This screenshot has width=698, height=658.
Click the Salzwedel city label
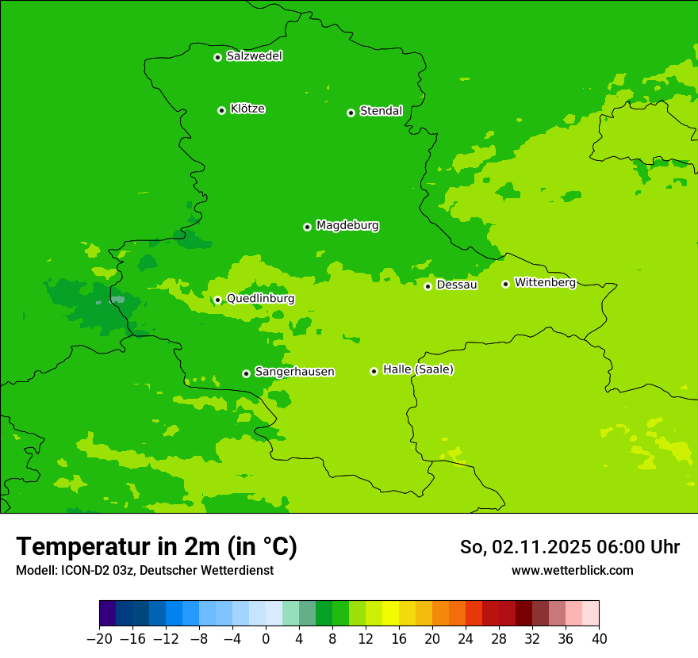254,56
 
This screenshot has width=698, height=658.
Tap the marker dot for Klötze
221,110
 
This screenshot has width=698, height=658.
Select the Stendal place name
381,111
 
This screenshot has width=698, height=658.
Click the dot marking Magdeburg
307,227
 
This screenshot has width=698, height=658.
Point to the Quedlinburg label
260,299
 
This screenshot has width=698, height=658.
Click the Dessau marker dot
428,286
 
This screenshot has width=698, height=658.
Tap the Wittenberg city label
545,283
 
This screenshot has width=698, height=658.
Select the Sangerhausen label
294,372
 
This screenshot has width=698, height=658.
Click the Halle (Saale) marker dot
374,371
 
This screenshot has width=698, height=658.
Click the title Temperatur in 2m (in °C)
156,546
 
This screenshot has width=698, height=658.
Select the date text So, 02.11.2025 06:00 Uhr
570,547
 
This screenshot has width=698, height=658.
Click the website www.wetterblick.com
572,570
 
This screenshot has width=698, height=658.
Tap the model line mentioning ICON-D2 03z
144,570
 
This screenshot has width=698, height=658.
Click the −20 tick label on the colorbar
99,639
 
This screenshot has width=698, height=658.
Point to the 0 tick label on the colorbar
266,639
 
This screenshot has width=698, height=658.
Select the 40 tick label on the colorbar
599,639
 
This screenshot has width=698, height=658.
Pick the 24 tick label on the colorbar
466,639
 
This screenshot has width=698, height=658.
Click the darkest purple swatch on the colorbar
107,614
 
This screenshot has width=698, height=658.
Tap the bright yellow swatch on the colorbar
390,614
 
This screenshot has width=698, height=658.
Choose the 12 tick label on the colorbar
366,639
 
